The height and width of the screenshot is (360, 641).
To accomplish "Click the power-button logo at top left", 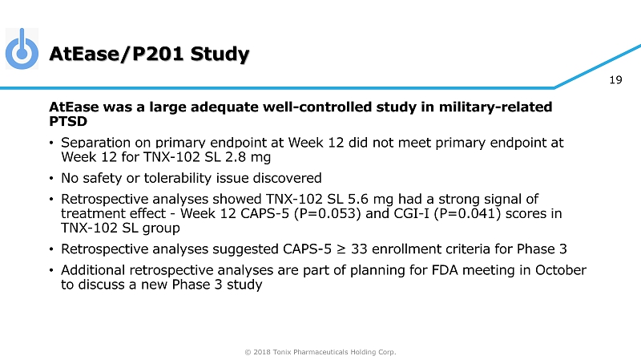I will tap(22, 49).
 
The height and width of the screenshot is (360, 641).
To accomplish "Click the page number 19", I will tap(616, 79).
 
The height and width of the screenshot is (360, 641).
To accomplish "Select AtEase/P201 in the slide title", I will tap(115, 54).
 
